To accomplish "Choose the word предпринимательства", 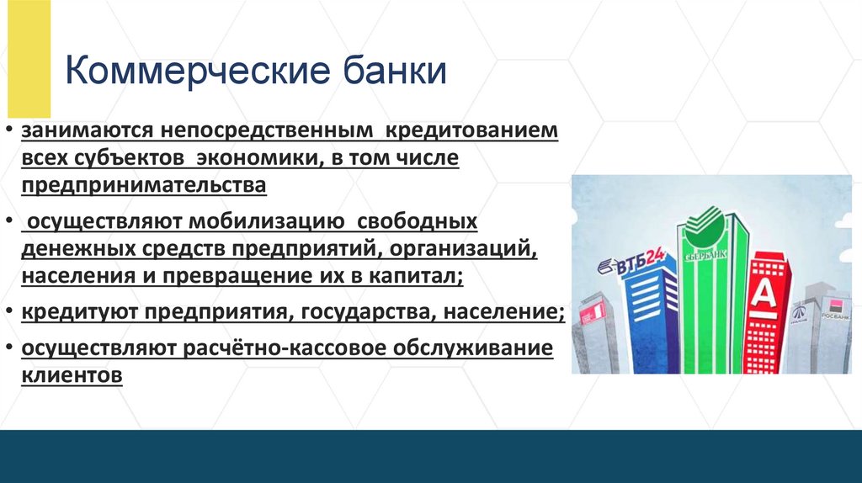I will pyautogui.click(x=145, y=184).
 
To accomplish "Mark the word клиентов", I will pyautogui.click(x=73, y=374).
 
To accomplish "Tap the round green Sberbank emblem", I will pyautogui.click(x=703, y=221).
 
